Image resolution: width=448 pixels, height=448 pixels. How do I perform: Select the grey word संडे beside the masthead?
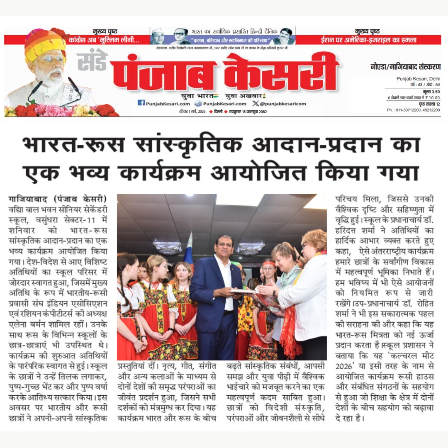(x=92, y=60)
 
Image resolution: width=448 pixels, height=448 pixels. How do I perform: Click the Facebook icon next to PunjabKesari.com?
(x=141, y=103)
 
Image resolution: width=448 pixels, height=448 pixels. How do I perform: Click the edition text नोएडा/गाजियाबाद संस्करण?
(x=405, y=67)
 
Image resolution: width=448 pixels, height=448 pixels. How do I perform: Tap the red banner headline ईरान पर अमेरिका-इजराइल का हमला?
(x=369, y=40)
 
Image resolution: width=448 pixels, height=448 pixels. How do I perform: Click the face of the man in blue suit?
(x=224, y=247)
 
